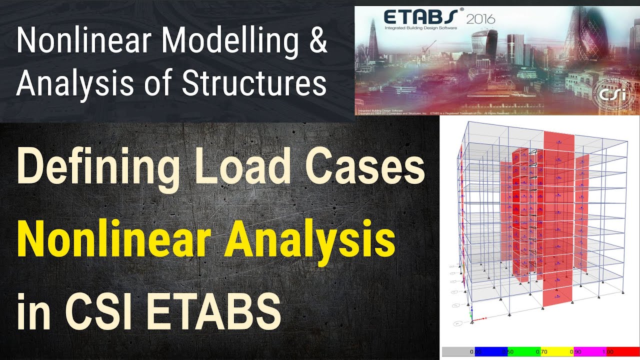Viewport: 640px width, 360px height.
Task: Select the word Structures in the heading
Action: (254, 83)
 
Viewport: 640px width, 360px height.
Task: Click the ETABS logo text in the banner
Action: (420, 18)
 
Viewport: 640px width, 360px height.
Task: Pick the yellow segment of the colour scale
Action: (557, 352)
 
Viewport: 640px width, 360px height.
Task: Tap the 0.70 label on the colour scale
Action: (541, 352)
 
